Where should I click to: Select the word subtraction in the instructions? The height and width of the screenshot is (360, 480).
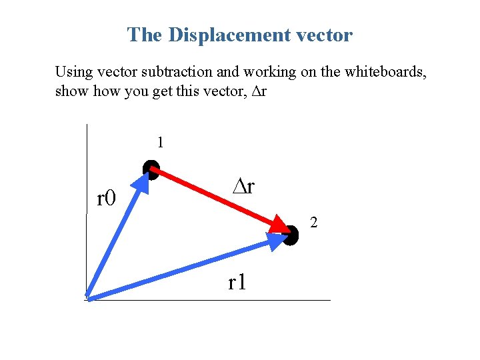tap(167, 71)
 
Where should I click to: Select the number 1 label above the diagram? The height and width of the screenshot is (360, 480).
tap(160, 142)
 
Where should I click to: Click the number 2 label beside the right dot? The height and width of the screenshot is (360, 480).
tap(314, 223)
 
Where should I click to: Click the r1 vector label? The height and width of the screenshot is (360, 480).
tap(237, 283)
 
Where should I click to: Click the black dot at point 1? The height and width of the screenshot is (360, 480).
tap(151, 169)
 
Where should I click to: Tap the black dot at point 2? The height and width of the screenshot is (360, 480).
tap(290, 235)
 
